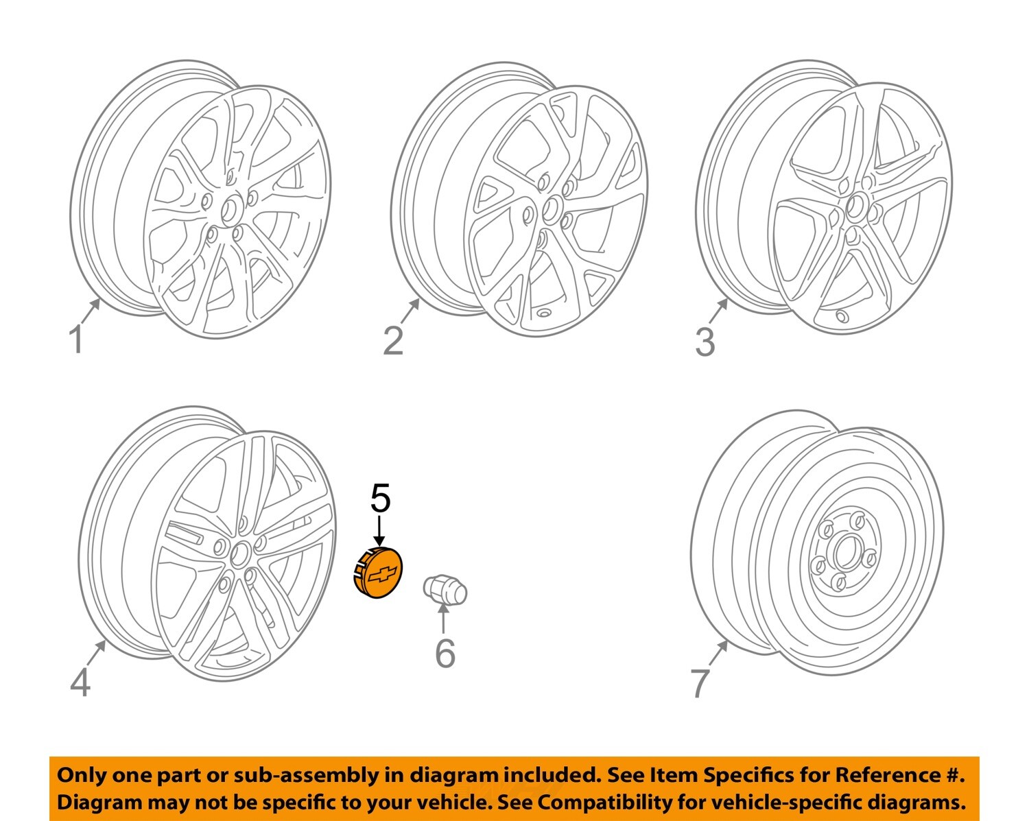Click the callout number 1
pyautogui.click(x=78, y=340)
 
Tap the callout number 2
pyautogui.click(x=393, y=340)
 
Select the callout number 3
pyautogui.click(x=705, y=342)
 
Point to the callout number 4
pyautogui.click(x=80, y=682)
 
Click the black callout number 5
pyautogui.click(x=380, y=499)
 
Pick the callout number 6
pyautogui.click(x=445, y=653)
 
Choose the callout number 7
pyautogui.click(x=699, y=682)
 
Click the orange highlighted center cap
pyautogui.click(x=378, y=573)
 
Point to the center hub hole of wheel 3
pyautogui.click(x=856, y=206)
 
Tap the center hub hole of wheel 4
pyautogui.click(x=240, y=553)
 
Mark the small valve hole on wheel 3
pyautogui.click(x=841, y=316)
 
